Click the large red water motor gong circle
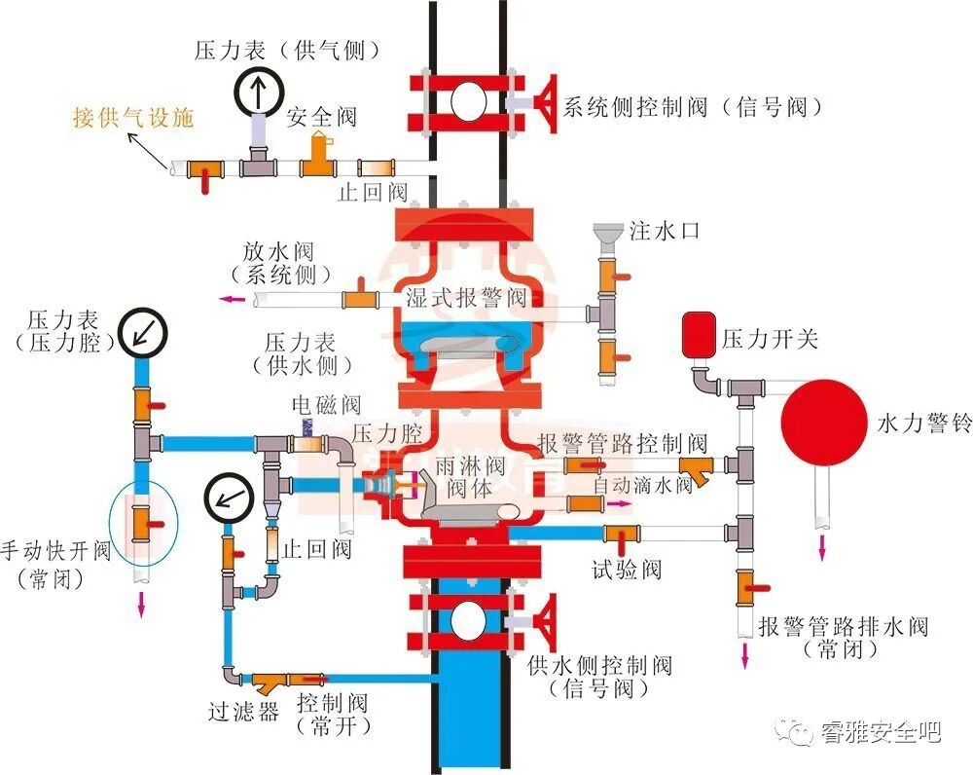click(823, 423)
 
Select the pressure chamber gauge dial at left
click(143, 332)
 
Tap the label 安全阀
click(321, 118)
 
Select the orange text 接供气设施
click(133, 118)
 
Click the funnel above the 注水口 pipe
click(607, 234)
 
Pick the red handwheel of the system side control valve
click(546, 102)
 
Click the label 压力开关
click(770, 339)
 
